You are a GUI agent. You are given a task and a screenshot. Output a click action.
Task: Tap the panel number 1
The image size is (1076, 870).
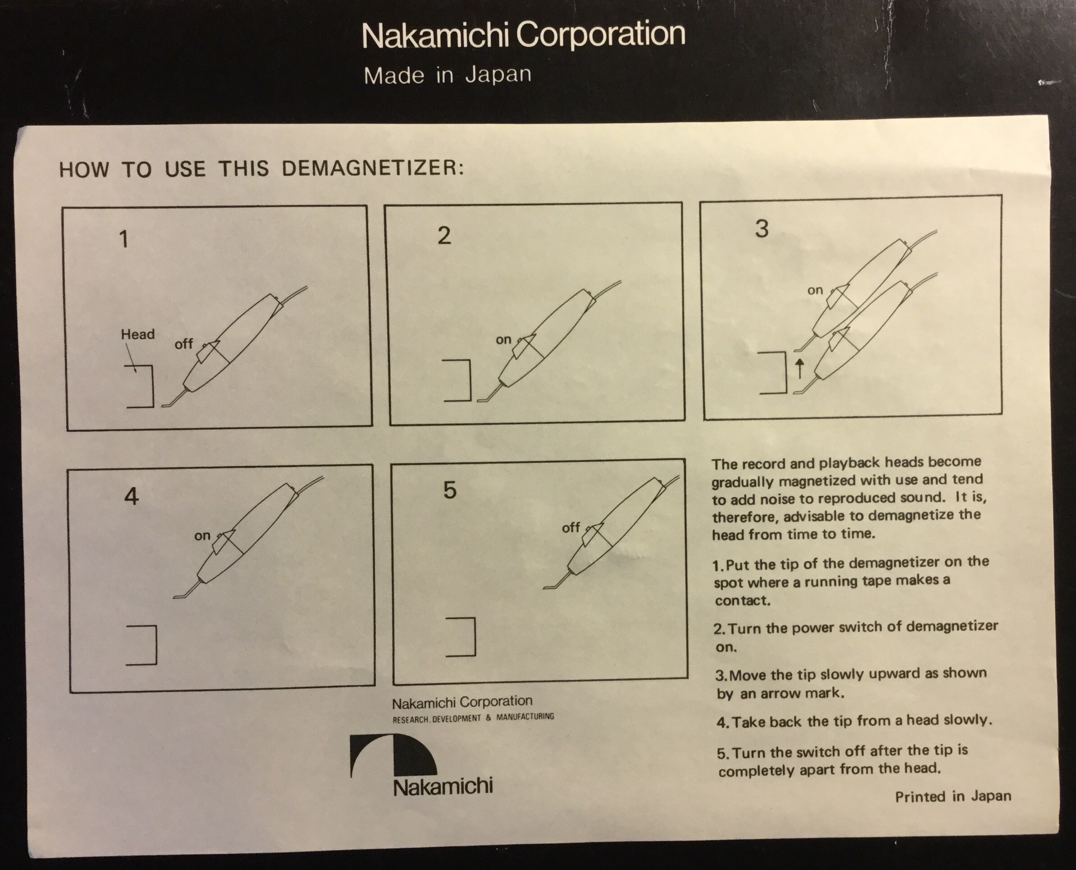click(x=124, y=238)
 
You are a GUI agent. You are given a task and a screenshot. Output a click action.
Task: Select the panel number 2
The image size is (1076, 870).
click(x=444, y=235)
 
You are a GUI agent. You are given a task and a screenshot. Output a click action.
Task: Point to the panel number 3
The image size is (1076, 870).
click(x=762, y=228)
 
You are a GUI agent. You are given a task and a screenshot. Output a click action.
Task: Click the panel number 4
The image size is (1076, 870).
click(x=131, y=496)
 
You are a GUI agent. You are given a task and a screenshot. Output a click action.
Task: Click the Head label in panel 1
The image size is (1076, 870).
click(x=138, y=334)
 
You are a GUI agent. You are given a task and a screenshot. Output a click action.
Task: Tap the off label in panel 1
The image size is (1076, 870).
click(x=183, y=344)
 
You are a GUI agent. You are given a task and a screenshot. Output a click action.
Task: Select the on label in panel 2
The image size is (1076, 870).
click(x=503, y=340)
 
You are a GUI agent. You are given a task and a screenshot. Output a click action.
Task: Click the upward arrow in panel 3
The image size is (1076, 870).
click(x=799, y=368)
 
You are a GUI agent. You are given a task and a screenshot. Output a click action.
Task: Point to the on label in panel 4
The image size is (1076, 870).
click(x=202, y=536)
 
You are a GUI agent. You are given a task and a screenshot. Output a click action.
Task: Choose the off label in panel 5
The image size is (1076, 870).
click(x=571, y=528)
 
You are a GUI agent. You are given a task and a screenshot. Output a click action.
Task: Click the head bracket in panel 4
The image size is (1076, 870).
click(x=156, y=645)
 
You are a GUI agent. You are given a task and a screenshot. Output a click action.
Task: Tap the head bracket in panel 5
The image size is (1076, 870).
click(x=474, y=637)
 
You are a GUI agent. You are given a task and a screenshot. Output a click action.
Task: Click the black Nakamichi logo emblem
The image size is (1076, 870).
click(x=393, y=756)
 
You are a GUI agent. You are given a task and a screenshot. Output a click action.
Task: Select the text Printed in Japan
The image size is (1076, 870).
click(x=953, y=797)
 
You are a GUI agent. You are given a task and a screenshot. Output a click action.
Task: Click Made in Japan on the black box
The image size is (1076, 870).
click(x=447, y=75)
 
